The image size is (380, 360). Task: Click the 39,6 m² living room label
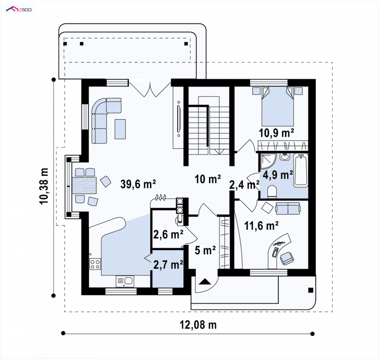pos(138,184)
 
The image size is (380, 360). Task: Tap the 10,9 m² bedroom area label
pos(276,133)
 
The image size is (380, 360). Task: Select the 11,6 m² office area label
pos(261,225)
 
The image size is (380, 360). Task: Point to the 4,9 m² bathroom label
pos(278,175)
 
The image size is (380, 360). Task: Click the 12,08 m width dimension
pos(198,325)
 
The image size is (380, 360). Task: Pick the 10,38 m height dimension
pos(44,186)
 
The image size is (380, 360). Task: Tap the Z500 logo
pos(19,10)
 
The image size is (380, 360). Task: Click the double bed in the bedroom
pos(278,106)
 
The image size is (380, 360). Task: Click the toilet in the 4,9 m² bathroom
pos(273,191)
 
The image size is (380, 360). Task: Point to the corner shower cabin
pos(267,161)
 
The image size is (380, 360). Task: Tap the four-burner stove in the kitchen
pos(95,264)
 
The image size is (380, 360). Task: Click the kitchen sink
pos(125,282)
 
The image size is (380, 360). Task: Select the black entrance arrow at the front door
pos(205,282)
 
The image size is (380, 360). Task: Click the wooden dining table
pos(84,185)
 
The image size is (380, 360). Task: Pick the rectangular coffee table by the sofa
pos(120,129)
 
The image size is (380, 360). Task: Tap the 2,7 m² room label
pos(168,264)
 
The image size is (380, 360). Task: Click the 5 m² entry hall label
pos(205,250)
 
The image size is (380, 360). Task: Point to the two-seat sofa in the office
pos(288,208)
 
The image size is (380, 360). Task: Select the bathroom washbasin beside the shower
pos(285,157)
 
